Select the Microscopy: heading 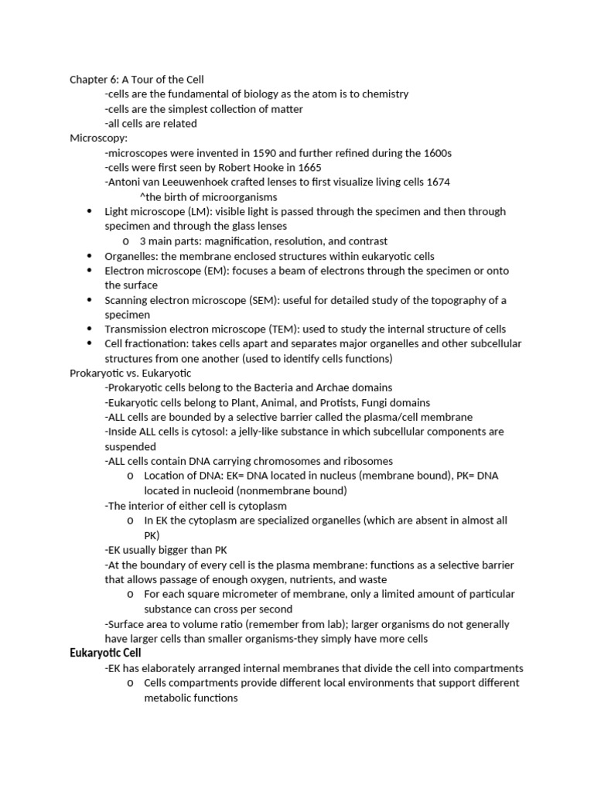(x=98, y=138)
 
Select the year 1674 (x=437, y=183)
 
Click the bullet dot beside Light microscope (x=88, y=212)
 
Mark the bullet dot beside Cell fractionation (x=88, y=344)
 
